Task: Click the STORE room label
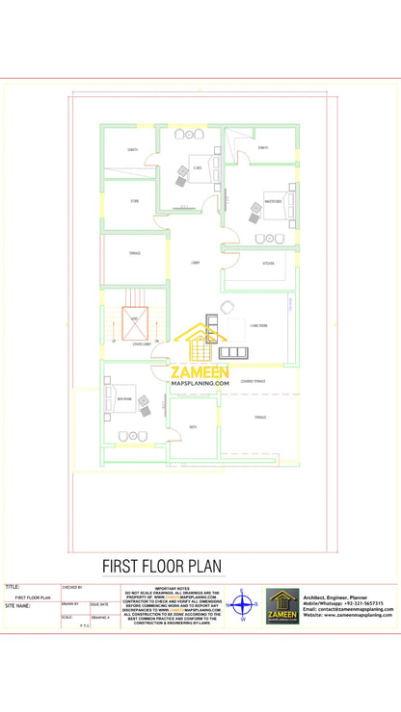point(133,202)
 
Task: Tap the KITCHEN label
point(269,264)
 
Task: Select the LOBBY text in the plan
point(195,262)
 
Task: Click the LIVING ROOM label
point(258,326)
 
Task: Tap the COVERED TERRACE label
point(254,382)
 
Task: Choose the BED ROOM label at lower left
point(124,398)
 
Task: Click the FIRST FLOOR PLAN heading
point(176,567)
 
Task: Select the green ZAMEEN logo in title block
point(282,606)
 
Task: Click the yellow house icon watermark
point(200,344)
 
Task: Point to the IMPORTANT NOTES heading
point(173,587)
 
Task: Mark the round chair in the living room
point(227,307)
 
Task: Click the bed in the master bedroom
point(282,205)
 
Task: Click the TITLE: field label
point(13,586)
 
